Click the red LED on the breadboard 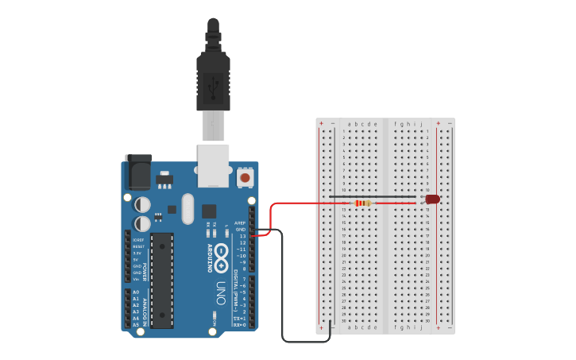tap(432, 199)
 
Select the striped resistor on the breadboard tap(363, 203)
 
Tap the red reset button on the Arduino tap(245, 178)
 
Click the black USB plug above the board tap(213, 79)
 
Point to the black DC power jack tap(139, 170)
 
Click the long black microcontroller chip tap(162, 280)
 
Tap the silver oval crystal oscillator tap(187, 209)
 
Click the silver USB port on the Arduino tap(213, 165)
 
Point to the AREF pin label tap(240, 223)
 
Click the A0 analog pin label tap(136, 292)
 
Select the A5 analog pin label tap(136, 324)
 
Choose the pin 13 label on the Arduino tap(242, 236)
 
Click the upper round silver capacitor tap(143, 204)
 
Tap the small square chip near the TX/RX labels tap(209, 211)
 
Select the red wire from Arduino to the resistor tap(302, 203)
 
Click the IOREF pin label tap(137, 239)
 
